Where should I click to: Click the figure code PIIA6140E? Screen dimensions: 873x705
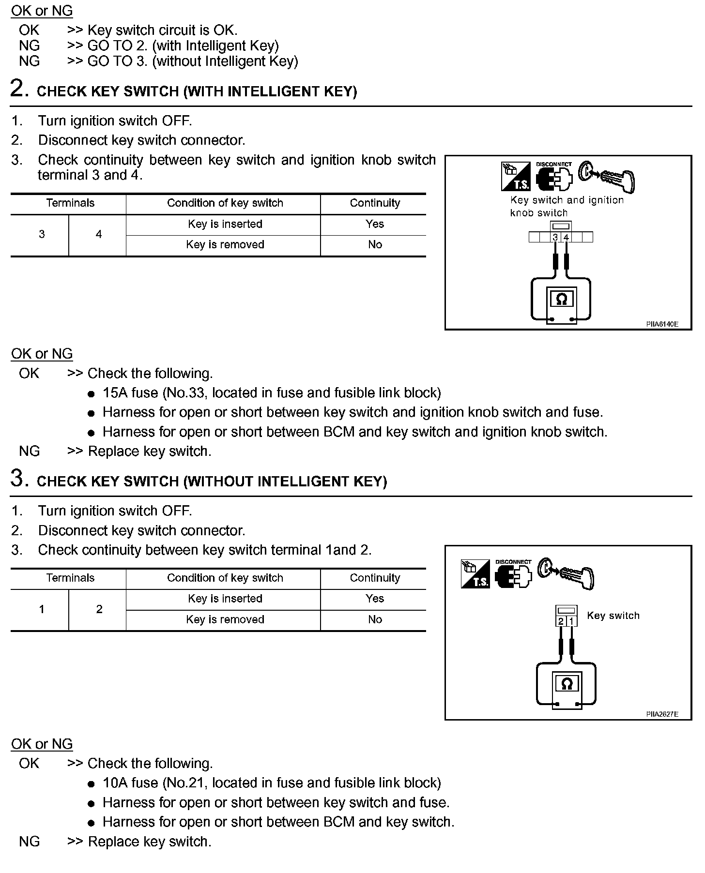[x=662, y=324]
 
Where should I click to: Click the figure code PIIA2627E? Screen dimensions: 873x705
[x=662, y=714]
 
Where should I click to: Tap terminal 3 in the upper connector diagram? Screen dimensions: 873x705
[x=555, y=237]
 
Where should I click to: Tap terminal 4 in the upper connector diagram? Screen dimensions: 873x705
[x=566, y=237]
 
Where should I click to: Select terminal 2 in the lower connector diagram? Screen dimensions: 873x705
[x=561, y=621]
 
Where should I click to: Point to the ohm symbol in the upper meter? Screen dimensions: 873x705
[x=561, y=300]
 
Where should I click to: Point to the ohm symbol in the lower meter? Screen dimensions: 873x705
[x=567, y=684]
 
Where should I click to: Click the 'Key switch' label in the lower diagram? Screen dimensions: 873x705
[x=613, y=616]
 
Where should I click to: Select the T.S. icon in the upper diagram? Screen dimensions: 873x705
[x=516, y=177]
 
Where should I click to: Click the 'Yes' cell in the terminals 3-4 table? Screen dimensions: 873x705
[x=375, y=224]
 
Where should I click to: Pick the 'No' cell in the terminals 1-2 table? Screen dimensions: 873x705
[x=375, y=619]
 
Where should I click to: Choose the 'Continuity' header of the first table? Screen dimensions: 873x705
[x=375, y=203]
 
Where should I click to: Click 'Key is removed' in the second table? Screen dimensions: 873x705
[x=225, y=619]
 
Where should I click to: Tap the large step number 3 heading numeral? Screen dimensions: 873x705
[x=17, y=479]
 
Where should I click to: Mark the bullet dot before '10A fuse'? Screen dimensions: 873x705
[x=91, y=784]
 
